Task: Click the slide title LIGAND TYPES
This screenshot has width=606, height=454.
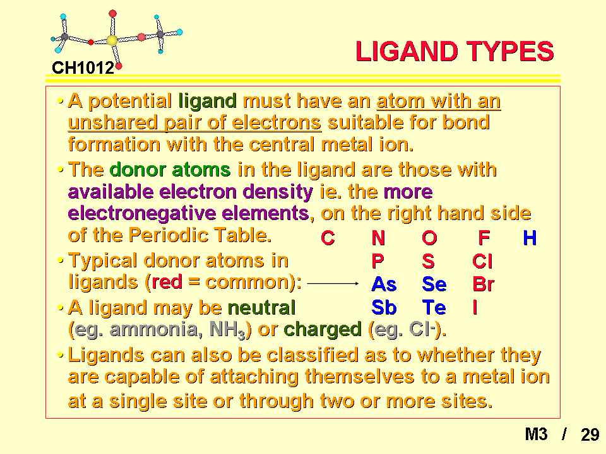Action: pyautogui.click(x=454, y=51)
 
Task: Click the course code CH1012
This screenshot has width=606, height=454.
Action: pyautogui.click(x=83, y=68)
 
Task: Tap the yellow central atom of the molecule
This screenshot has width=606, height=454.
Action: pyautogui.click(x=112, y=40)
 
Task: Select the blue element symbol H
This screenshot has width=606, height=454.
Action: pyautogui.click(x=530, y=238)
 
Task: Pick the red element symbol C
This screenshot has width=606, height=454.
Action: pyautogui.click(x=328, y=238)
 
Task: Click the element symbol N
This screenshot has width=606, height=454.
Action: pyautogui.click(x=378, y=238)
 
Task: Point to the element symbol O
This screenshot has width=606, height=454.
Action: pyautogui.click(x=429, y=238)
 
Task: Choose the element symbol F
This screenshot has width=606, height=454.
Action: pyautogui.click(x=484, y=238)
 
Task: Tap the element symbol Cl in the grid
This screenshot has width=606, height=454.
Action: pyautogui.click(x=482, y=261)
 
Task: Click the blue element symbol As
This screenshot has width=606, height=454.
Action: pyautogui.click(x=384, y=284)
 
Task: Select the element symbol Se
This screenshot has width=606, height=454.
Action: pyautogui.click(x=434, y=284)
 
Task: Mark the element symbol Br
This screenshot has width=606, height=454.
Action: pyautogui.click(x=483, y=284)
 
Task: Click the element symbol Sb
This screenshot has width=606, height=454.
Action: pyautogui.click(x=384, y=308)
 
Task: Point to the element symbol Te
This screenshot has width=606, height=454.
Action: pyautogui.click(x=434, y=308)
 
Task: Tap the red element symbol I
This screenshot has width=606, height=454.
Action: pyautogui.click(x=475, y=308)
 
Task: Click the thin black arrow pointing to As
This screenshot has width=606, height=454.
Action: pyautogui.click(x=333, y=283)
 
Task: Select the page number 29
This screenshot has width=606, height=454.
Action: pyautogui.click(x=590, y=434)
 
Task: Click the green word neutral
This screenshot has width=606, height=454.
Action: pyautogui.click(x=261, y=308)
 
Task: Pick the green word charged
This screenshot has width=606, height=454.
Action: pyautogui.click(x=323, y=329)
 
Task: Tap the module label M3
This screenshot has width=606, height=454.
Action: pyautogui.click(x=536, y=434)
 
